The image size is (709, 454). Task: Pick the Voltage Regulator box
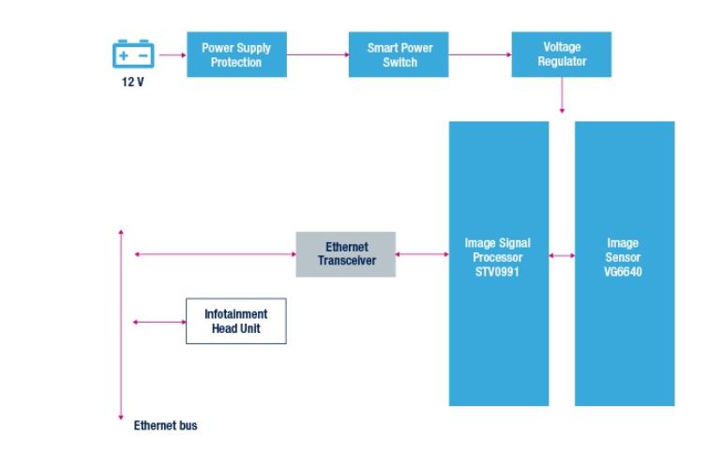point(561,54)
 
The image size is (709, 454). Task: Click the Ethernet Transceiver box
point(346,254)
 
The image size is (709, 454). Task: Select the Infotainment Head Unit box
point(235,321)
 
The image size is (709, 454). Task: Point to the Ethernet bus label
point(165,426)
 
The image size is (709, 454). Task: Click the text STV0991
point(498,273)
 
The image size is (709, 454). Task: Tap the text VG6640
point(624,273)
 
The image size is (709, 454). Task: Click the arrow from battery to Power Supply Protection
point(172,54)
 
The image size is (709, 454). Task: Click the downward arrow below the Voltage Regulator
point(562,97)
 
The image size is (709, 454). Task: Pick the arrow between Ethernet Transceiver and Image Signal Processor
point(422,254)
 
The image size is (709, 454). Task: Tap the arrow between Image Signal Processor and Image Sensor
point(561,254)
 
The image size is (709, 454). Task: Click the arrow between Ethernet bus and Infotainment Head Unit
point(159,322)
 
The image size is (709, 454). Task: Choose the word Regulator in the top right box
point(561,61)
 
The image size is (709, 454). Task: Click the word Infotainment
point(235,314)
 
